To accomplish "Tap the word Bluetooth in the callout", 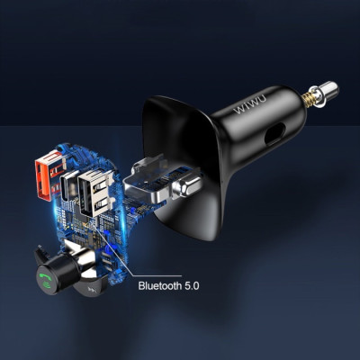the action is point(159,285).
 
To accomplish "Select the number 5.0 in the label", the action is point(191,285).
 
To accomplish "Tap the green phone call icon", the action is point(45,282).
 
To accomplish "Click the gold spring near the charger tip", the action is point(307,97).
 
